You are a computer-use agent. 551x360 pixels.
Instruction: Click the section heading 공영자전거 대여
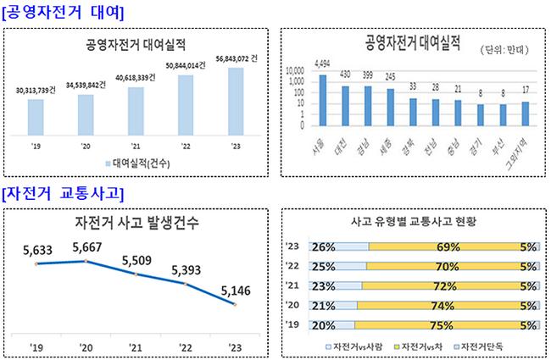click(x=63, y=13)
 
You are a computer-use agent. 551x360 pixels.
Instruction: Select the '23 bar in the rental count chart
click(x=236, y=101)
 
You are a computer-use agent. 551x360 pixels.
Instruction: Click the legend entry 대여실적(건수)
click(x=140, y=163)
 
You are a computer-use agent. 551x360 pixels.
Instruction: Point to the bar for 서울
click(x=322, y=100)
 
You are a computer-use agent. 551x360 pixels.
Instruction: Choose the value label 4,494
click(x=322, y=64)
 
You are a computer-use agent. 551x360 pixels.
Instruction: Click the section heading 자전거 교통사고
click(x=63, y=193)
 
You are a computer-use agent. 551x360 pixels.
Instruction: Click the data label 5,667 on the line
click(x=87, y=248)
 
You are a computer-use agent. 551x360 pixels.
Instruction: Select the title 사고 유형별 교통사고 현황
click(x=413, y=221)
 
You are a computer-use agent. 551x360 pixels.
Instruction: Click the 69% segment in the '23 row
click(x=442, y=247)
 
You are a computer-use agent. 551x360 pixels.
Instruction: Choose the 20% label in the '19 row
click(x=322, y=323)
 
